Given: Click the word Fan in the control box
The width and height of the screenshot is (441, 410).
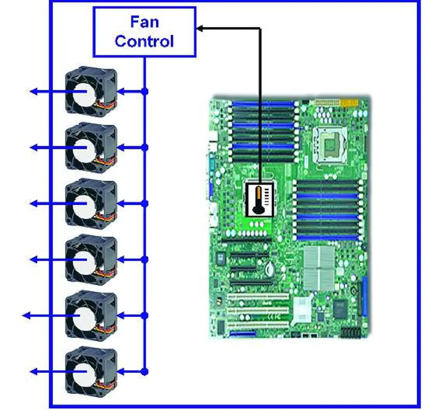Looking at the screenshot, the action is point(145,22).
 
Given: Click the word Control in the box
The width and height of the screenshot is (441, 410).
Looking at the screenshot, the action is point(144,41).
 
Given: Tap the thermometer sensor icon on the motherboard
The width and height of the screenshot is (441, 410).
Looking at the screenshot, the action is point(259,199).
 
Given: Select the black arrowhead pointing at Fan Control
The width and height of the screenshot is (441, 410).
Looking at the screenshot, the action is point(200,29).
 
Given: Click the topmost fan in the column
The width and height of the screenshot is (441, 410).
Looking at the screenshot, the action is point(91,92).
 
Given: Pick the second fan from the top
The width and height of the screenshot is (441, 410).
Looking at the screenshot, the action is point(91,148).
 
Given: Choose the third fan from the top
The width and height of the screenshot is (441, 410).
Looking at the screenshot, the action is point(91,204).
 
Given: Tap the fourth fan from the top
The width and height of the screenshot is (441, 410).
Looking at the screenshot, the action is point(91,260).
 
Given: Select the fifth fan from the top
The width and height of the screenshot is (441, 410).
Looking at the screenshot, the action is point(91,316).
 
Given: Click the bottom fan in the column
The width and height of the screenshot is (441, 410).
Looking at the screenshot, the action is point(91,371).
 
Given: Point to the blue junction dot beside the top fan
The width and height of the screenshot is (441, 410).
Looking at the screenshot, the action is point(145,91).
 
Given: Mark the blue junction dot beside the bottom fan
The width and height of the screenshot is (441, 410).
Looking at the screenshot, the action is point(145,371).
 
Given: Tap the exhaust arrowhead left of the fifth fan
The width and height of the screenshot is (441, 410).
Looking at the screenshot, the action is point(27,316).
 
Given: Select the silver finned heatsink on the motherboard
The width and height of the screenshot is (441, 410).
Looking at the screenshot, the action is point(319,268).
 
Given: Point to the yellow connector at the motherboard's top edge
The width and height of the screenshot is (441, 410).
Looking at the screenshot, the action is point(349,103).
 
